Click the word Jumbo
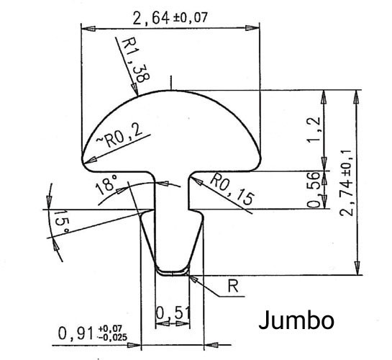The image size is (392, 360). coord(295,319)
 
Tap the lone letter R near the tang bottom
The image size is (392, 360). coord(233,287)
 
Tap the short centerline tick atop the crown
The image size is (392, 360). coord(170,81)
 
